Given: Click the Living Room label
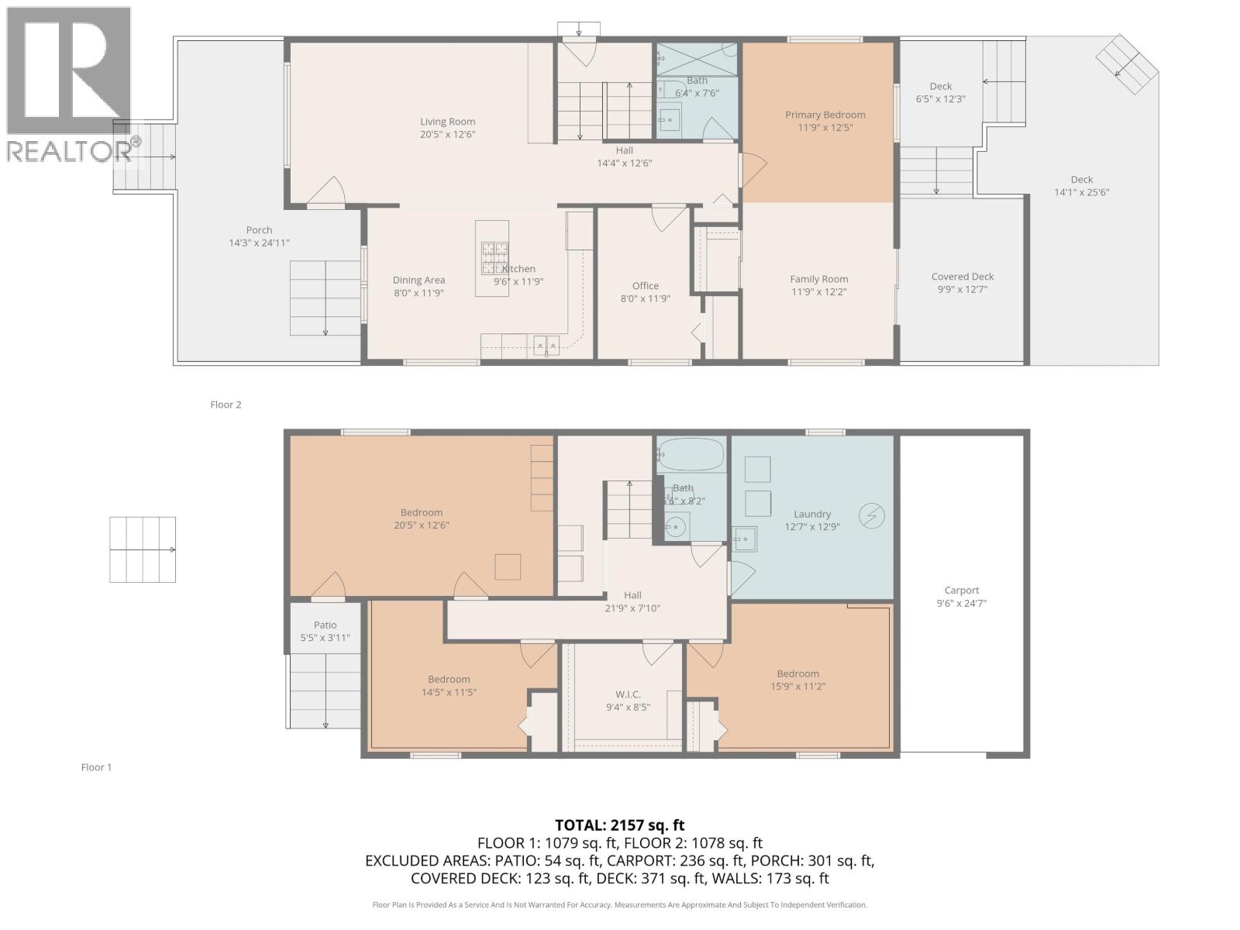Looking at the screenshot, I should pyautogui.click(x=447, y=122).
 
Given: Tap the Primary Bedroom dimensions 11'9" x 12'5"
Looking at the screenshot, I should pyautogui.click(x=825, y=128).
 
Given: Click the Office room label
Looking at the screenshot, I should pyautogui.click(x=645, y=286).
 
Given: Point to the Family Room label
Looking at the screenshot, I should pyautogui.click(x=818, y=279).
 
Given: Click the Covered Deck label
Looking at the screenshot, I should pyautogui.click(x=962, y=277).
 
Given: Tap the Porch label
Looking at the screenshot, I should pyautogui.click(x=259, y=230).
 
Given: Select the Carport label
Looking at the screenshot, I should pyautogui.click(x=961, y=591).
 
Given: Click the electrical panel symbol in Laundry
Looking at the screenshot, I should pyautogui.click(x=871, y=515).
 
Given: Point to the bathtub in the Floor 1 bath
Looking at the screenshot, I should pyautogui.click(x=691, y=453).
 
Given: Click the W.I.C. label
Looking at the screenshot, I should pyautogui.click(x=628, y=694).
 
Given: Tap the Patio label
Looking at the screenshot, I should pyautogui.click(x=325, y=625).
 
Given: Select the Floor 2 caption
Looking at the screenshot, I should pyautogui.click(x=226, y=405).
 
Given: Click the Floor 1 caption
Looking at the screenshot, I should pyautogui.click(x=96, y=767).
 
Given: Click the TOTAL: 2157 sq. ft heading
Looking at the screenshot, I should pyautogui.click(x=619, y=825).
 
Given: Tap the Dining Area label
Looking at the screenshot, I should pyautogui.click(x=418, y=281).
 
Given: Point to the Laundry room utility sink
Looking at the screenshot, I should pyautogui.click(x=745, y=539).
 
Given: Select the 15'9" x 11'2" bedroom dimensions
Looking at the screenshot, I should pyautogui.click(x=797, y=687).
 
